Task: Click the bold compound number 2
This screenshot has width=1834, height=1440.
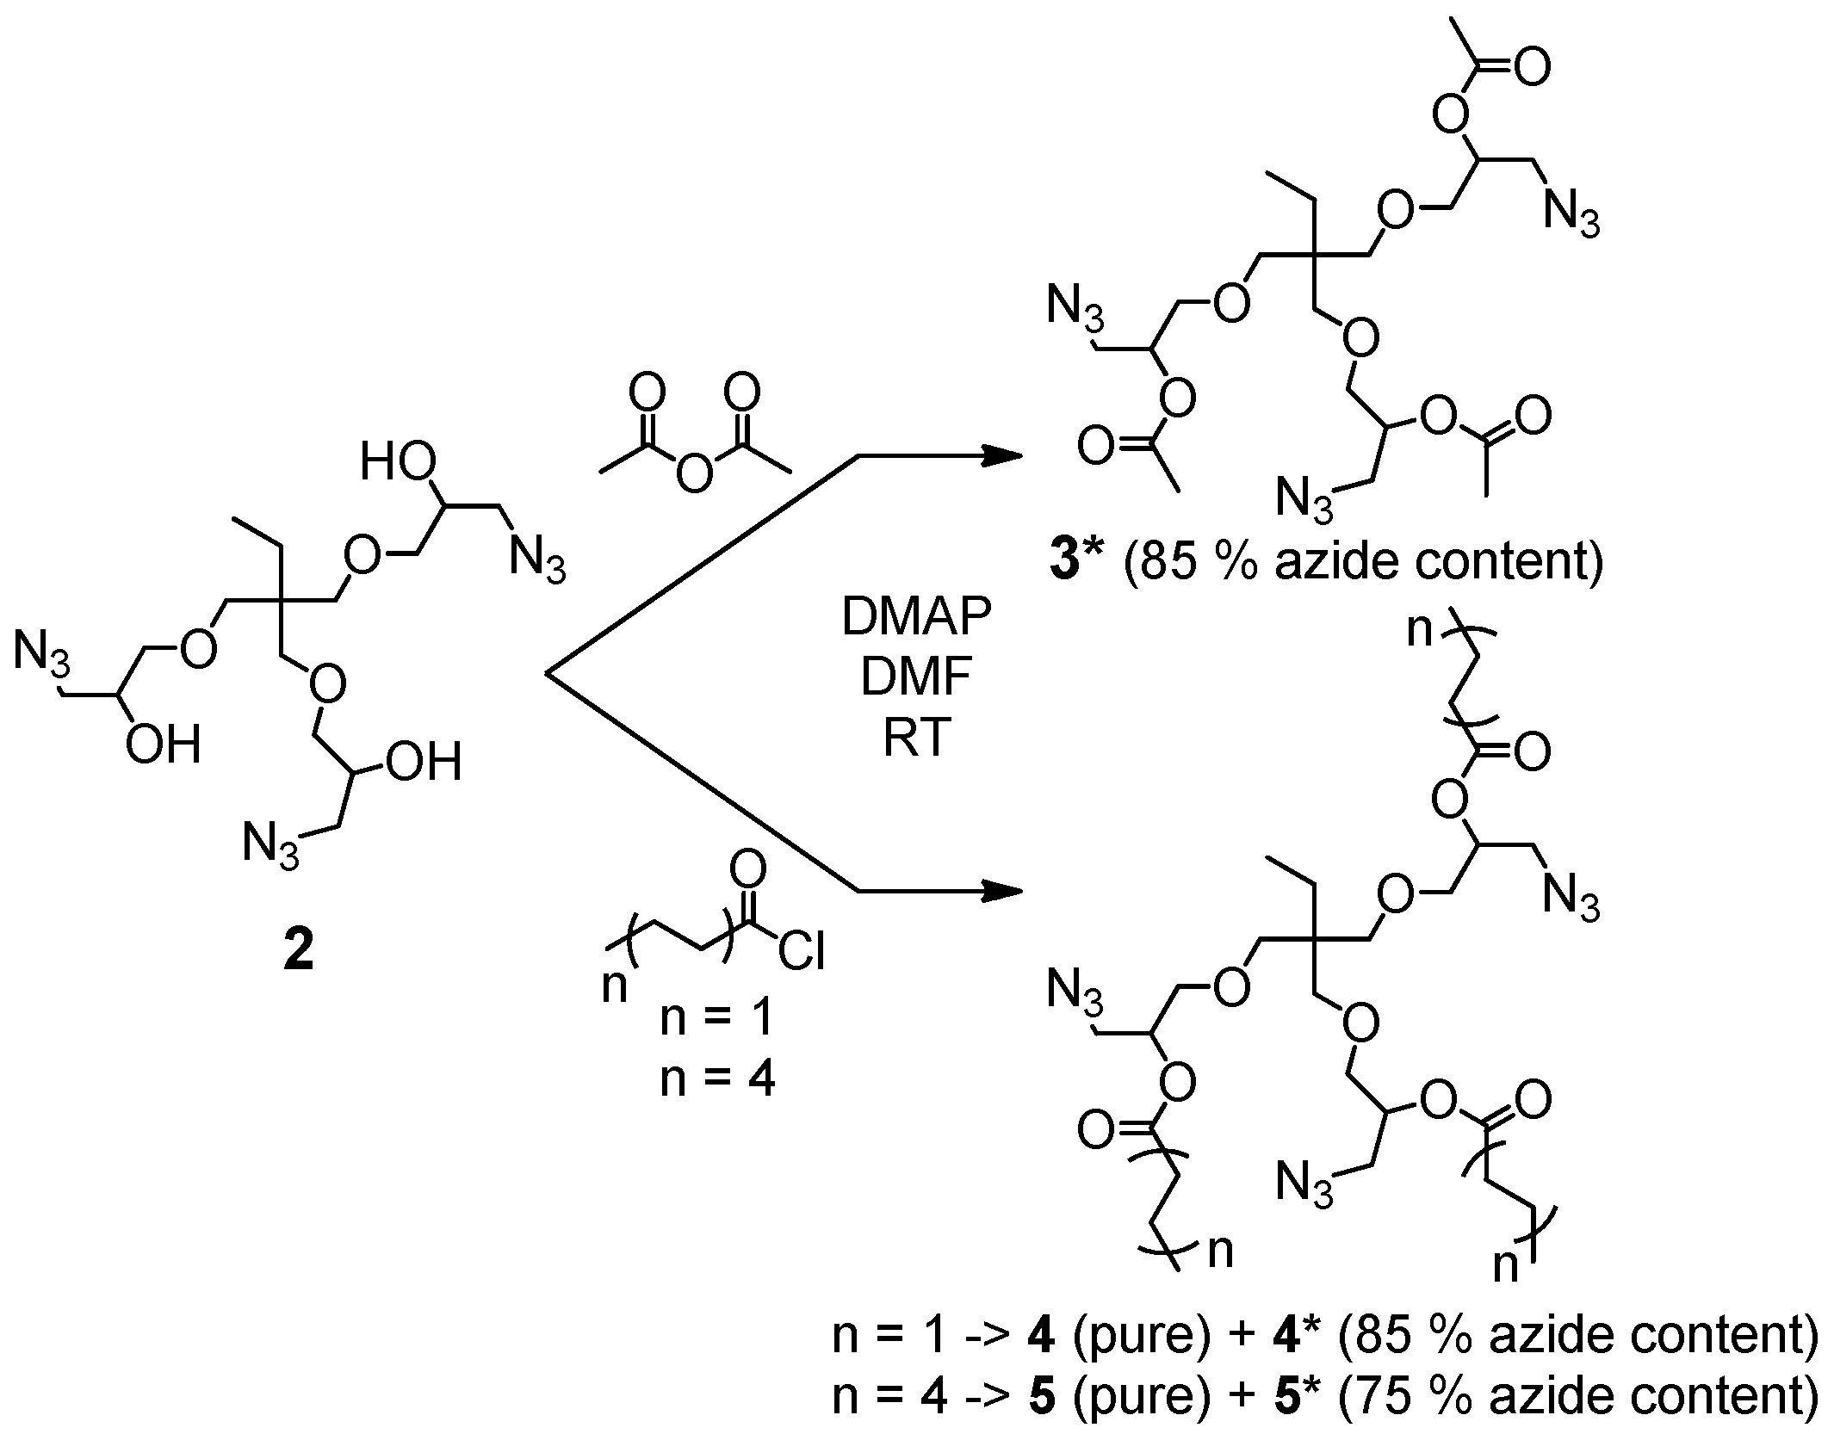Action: coord(298,952)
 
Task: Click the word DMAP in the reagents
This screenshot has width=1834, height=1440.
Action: coord(916,617)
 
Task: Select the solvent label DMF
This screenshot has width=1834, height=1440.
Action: coord(916,678)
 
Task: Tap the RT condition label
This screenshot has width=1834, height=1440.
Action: coord(916,739)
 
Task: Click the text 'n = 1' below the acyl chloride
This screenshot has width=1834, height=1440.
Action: coord(717,1018)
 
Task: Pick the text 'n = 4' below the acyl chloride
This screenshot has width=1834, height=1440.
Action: coord(717,1078)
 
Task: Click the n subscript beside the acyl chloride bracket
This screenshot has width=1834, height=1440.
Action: coord(614,986)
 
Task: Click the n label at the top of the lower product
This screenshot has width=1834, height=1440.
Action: coord(1422,631)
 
